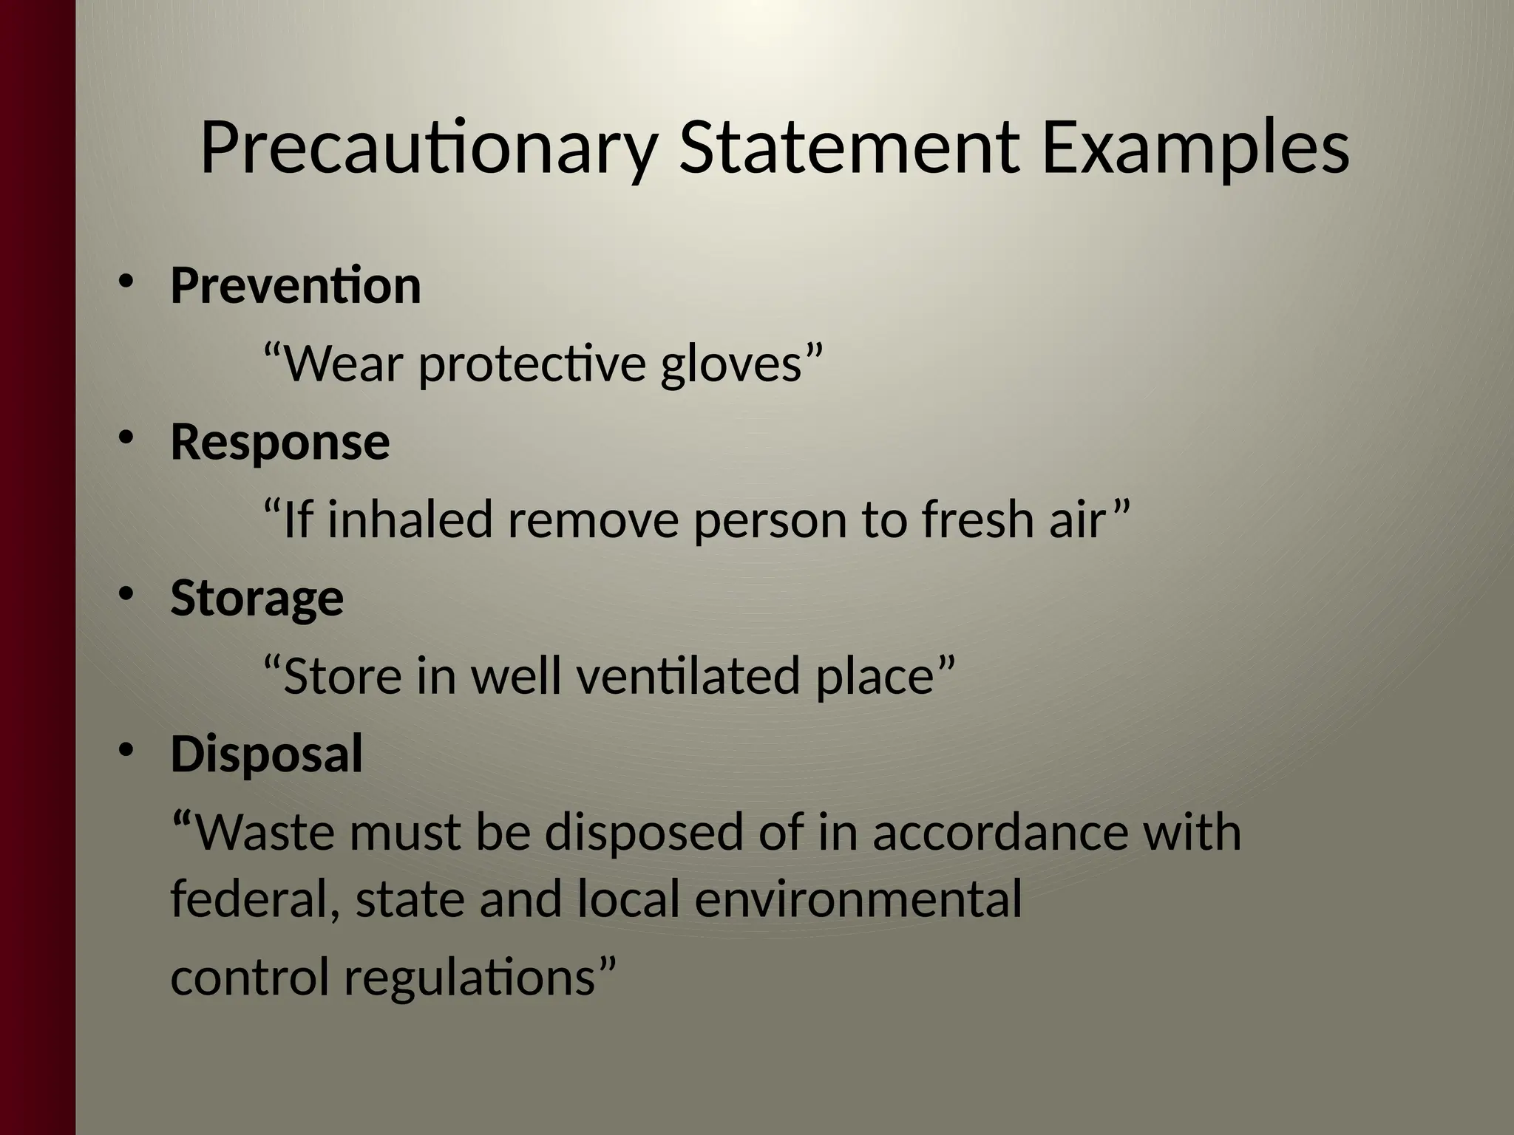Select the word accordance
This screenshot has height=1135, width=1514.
click(x=1000, y=832)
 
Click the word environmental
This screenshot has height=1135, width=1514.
click(x=858, y=899)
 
